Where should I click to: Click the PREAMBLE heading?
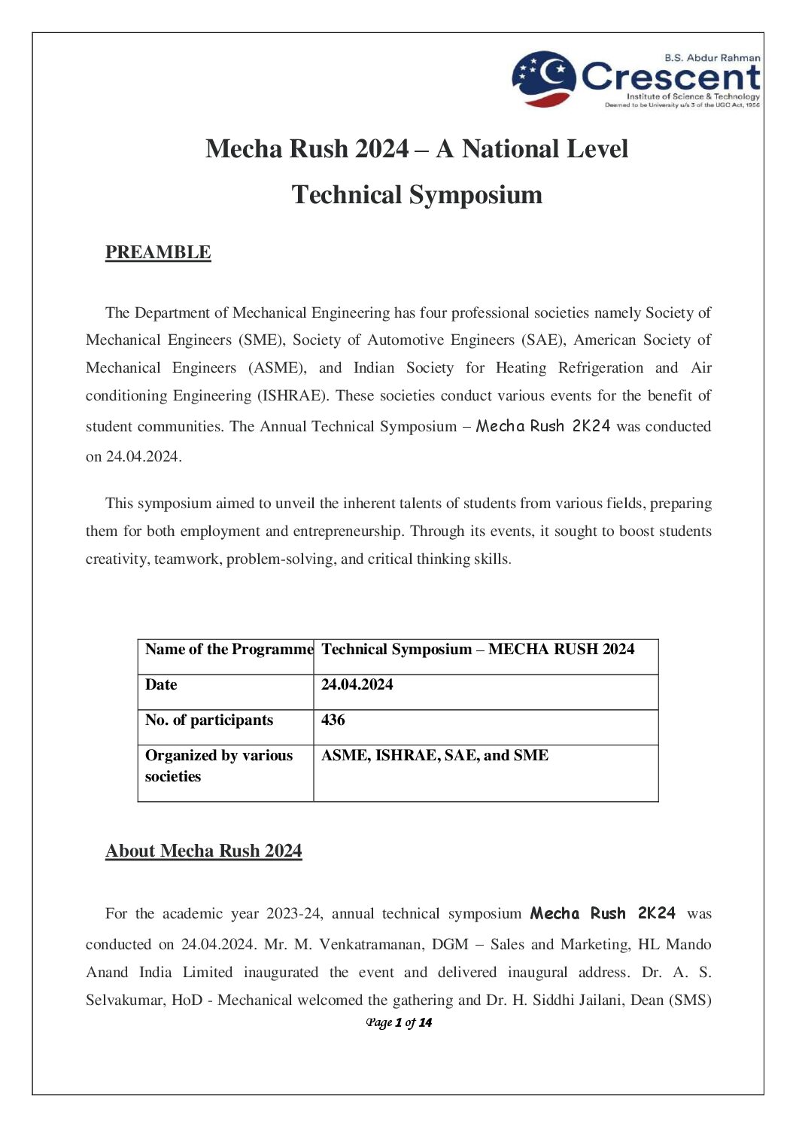click(x=158, y=252)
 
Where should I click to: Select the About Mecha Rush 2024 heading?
click(x=204, y=851)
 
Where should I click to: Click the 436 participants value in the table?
click(x=333, y=720)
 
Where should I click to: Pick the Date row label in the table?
click(x=161, y=684)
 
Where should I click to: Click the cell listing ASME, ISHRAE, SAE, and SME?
click(x=435, y=755)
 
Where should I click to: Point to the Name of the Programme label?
click(x=229, y=649)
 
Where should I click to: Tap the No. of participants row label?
click(x=209, y=720)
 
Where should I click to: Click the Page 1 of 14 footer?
click(x=399, y=1022)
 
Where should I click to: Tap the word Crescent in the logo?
click(x=671, y=77)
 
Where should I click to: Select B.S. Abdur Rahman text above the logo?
click(x=712, y=57)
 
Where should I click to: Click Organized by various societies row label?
click(x=219, y=766)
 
